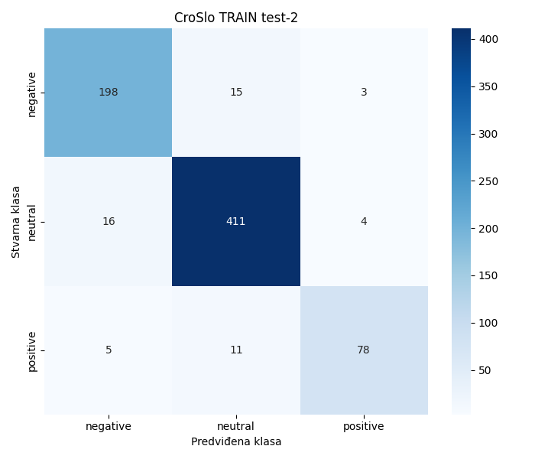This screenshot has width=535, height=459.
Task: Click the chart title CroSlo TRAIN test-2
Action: click(235, 18)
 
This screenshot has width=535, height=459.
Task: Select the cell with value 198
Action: click(108, 93)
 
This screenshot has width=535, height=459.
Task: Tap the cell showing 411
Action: click(235, 221)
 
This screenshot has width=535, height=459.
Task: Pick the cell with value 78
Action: click(364, 350)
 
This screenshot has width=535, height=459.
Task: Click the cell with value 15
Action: click(235, 93)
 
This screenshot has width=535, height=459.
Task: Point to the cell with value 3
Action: click(364, 93)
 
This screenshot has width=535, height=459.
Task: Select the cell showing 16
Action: click(108, 221)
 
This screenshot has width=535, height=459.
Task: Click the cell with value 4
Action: click(364, 221)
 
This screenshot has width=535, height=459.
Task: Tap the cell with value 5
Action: click(108, 350)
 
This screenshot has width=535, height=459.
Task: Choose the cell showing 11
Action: click(235, 350)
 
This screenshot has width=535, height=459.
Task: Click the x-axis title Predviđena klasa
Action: click(235, 442)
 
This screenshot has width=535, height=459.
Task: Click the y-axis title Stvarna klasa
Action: click(16, 222)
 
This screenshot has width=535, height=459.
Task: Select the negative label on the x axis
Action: click(108, 426)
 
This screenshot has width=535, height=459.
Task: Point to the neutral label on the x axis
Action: click(235, 426)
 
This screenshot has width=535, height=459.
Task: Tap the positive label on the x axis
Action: click(364, 426)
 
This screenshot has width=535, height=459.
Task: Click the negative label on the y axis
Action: click(32, 93)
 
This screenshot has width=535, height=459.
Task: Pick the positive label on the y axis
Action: click(32, 350)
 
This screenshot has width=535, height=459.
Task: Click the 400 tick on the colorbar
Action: click(488, 39)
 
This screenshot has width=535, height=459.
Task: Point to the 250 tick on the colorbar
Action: click(488, 181)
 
